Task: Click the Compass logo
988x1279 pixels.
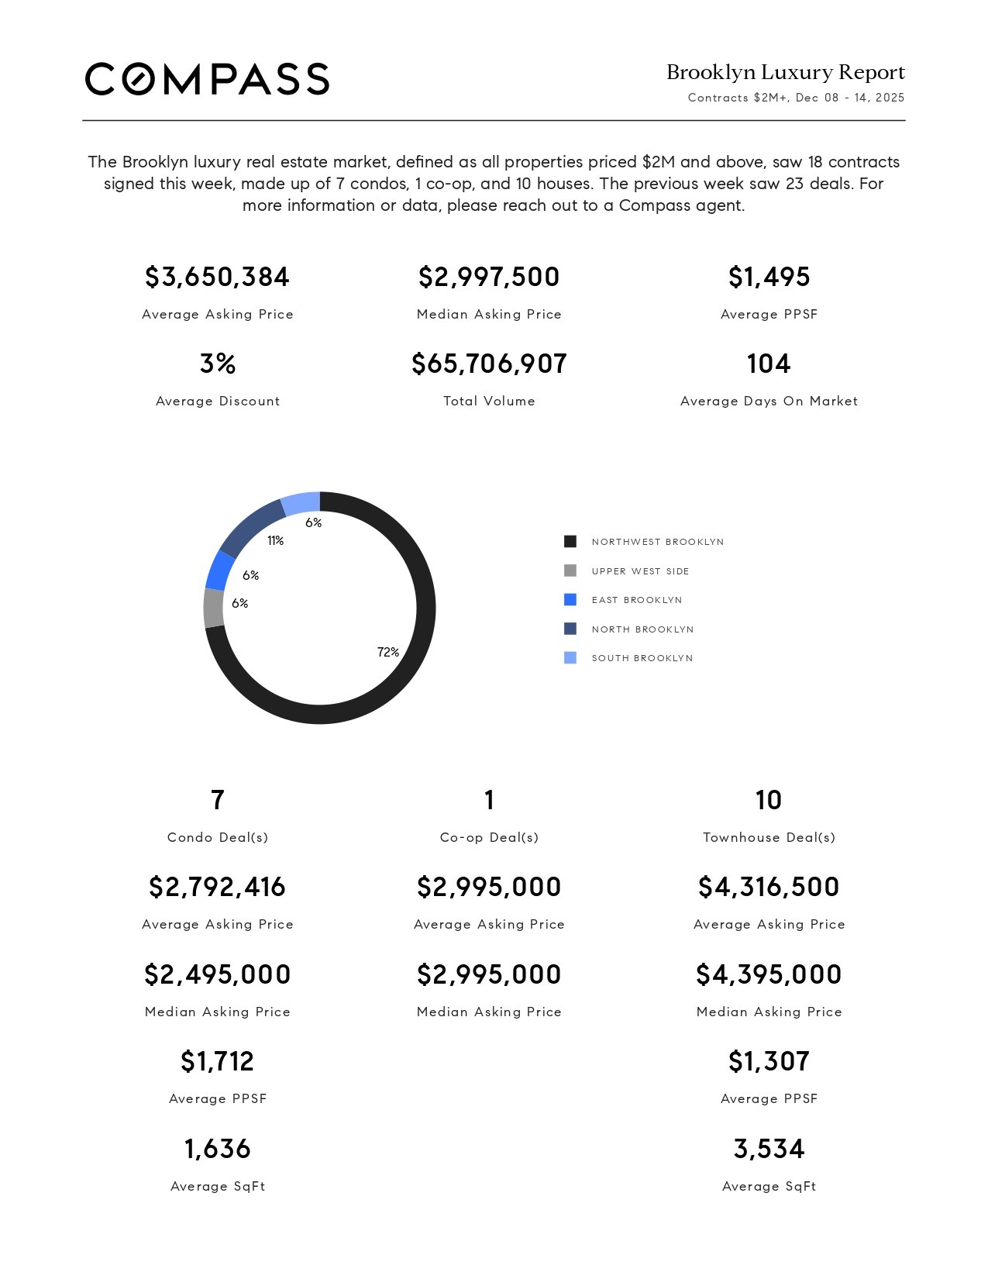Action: (207, 79)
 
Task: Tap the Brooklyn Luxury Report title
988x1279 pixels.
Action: (785, 72)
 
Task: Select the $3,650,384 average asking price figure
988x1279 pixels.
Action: (217, 277)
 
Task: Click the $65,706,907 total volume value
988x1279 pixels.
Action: (489, 364)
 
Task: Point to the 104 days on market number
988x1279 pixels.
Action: (769, 364)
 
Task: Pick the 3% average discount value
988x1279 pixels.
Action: (217, 364)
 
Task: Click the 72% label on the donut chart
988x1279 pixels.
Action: (388, 652)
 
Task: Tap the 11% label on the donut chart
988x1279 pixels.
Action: (275, 540)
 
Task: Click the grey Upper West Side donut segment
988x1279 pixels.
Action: (214, 608)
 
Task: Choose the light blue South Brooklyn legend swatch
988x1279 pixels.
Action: (570, 658)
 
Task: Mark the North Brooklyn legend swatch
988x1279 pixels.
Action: (570, 629)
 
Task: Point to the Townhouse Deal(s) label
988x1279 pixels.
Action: (769, 837)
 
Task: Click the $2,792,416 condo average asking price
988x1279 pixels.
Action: (217, 887)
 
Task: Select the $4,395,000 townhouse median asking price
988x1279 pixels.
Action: (769, 974)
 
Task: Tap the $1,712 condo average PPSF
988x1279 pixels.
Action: (217, 1061)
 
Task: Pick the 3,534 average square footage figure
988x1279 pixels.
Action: (769, 1149)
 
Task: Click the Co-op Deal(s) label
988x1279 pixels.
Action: (489, 837)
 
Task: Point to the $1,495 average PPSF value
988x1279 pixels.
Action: (769, 277)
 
